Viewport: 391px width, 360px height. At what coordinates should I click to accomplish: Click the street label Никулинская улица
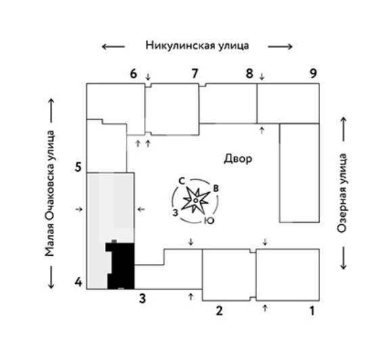198,46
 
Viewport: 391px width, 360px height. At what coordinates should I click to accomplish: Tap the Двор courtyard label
238,159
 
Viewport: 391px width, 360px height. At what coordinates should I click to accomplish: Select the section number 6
133,74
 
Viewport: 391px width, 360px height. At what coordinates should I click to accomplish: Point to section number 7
195,73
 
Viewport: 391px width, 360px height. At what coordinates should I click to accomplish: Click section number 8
250,73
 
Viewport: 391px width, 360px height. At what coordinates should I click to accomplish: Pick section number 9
313,73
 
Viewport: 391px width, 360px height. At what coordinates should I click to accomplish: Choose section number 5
78,167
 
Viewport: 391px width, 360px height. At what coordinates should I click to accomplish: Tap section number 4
78,282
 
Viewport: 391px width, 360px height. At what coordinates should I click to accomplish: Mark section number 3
142,298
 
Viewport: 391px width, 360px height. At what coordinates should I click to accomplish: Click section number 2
219,311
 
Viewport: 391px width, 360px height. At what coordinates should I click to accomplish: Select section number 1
313,311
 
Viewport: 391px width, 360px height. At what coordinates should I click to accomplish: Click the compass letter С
182,181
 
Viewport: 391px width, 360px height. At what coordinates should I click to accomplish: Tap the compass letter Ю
209,221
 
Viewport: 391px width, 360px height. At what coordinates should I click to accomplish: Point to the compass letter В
216,188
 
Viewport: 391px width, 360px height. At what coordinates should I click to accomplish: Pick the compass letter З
176,212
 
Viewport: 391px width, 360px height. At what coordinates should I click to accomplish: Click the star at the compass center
196,200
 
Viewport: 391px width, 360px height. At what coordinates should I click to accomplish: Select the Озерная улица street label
342,193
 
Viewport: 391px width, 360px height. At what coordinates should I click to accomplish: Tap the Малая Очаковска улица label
49,194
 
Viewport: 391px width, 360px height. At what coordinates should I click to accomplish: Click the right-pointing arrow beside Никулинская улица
280,47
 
